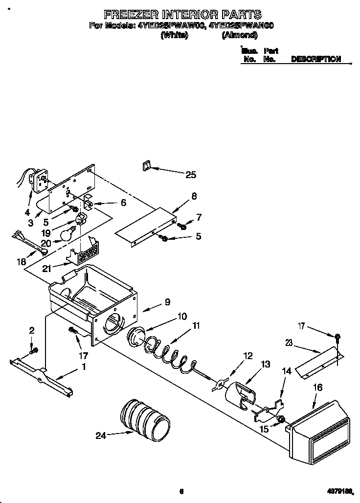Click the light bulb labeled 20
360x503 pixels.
pos(67,235)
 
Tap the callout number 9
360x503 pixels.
pos(167,302)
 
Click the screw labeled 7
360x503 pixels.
pos(183,226)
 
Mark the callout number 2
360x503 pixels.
pos(32,331)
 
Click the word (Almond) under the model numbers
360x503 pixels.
pos(239,35)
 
